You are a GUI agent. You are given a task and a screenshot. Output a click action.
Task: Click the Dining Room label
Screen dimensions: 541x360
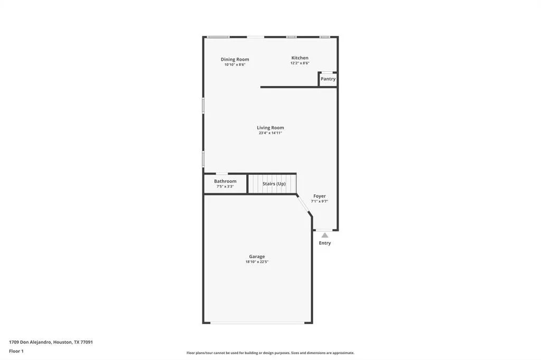tap(235, 59)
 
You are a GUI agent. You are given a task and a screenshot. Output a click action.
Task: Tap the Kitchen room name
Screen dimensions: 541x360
tap(300, 58)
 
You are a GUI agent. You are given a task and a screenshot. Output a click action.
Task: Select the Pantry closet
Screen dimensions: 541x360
tap(328, 79)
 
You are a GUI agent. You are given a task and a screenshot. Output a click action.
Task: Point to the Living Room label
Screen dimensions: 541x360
tap(270, 128)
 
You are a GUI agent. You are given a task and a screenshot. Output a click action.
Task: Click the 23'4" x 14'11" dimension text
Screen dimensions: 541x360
tap(270, 133)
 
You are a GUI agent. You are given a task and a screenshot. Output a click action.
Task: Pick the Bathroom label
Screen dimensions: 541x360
tap(225, 181)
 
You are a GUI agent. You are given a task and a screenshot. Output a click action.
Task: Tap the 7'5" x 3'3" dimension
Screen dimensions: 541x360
tap(225, 186)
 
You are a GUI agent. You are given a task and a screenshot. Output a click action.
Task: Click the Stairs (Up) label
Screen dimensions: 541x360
tap(274, 184)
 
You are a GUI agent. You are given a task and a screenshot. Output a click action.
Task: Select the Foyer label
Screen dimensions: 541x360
tap(320, 196)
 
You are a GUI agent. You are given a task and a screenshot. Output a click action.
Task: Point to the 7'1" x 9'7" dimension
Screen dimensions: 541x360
tap(320, 202)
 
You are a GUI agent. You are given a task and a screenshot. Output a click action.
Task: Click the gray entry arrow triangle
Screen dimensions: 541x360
tap(325, 235)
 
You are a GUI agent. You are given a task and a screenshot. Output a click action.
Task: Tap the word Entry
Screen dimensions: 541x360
tap(325, 243)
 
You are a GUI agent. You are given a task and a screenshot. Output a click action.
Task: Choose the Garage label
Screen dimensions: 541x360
tap(257, 257)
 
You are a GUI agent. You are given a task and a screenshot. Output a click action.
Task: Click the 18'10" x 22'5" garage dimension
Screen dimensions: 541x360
tap(257, 262)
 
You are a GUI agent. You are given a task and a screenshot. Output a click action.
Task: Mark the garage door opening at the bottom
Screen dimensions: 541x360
tap(257, 323)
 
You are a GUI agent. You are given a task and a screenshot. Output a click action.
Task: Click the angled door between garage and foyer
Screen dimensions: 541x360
tap(304, 206)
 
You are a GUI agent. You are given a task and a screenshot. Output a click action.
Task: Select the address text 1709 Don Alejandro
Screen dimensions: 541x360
tap(30, 343)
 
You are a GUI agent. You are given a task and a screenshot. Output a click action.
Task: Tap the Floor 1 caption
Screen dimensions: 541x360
tap(16, 352)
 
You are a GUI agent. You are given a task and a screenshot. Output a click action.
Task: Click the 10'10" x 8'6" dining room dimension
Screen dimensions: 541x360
tap(235, 65)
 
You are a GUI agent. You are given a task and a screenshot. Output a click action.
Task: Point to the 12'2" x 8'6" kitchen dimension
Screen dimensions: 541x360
tap(300, 63)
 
